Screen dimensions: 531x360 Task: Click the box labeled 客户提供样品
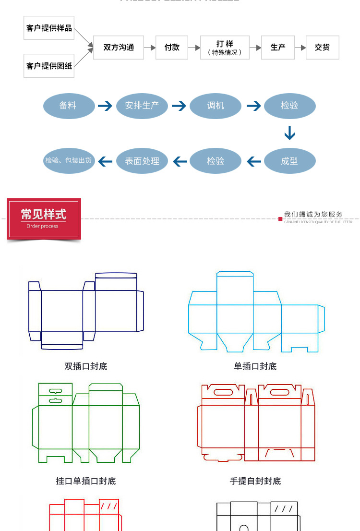click(49, 28)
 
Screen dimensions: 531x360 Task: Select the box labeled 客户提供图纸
click(49, 66)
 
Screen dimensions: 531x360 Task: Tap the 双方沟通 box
click(119, 47)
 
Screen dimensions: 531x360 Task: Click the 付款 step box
click(172, 47)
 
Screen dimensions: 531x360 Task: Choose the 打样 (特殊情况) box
click(225, 47)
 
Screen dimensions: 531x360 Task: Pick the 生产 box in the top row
click(278, 47)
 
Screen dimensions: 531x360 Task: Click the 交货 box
click(323, 47)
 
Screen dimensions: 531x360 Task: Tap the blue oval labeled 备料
click(69, 106)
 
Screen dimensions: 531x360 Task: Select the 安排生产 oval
click(142, 106)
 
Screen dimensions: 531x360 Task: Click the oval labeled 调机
click(216, 106)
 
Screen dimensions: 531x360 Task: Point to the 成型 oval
click(289, 161)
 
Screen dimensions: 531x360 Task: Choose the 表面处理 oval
click(142, 161)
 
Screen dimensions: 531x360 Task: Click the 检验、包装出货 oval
click(69, 161)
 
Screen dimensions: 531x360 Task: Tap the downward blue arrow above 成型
click(289, 133)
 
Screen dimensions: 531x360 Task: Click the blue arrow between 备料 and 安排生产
click(105, 106)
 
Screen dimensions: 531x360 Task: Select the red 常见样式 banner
click(44, 218)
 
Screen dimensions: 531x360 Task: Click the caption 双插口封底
click(86, 366)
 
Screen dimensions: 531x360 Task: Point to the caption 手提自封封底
click(255, 481)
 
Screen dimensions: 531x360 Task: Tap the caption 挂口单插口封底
click(86, 481)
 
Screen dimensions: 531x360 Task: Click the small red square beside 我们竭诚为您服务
click(280, 219)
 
